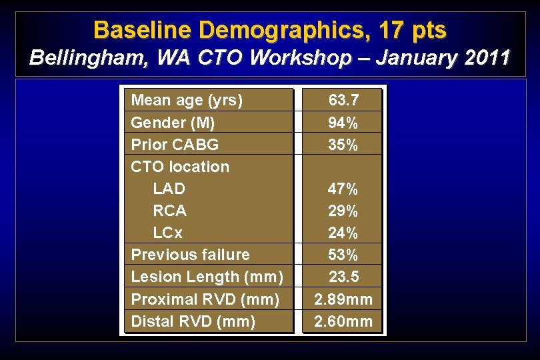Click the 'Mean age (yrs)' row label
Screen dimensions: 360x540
tap(187, 101)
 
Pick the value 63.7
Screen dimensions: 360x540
tap(343, 101)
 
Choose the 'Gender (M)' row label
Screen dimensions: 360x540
tap(173, 123)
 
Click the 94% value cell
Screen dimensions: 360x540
tap(343, 123)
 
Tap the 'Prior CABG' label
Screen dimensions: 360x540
tap(175, 145)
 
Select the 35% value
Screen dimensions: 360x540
tap(343, 145)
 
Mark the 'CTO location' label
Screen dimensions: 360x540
tap(180, 167)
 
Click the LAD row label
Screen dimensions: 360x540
tap(169, 189)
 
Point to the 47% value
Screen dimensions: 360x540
tap(343, 189)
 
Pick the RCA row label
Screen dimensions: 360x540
tap(169, 211)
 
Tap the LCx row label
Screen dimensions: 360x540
tap(167, 233)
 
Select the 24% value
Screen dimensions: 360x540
tap(343, 233)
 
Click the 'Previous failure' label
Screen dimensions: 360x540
tap(191, 255)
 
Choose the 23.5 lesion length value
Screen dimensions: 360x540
tap(343, 277)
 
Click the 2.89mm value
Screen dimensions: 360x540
tap(343, 299)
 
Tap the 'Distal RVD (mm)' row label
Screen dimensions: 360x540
tap(193, 321)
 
